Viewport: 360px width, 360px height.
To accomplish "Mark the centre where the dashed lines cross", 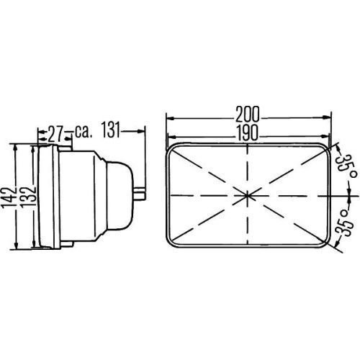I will (248, 194).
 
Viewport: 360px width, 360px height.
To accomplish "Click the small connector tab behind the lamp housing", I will (139, 192).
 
